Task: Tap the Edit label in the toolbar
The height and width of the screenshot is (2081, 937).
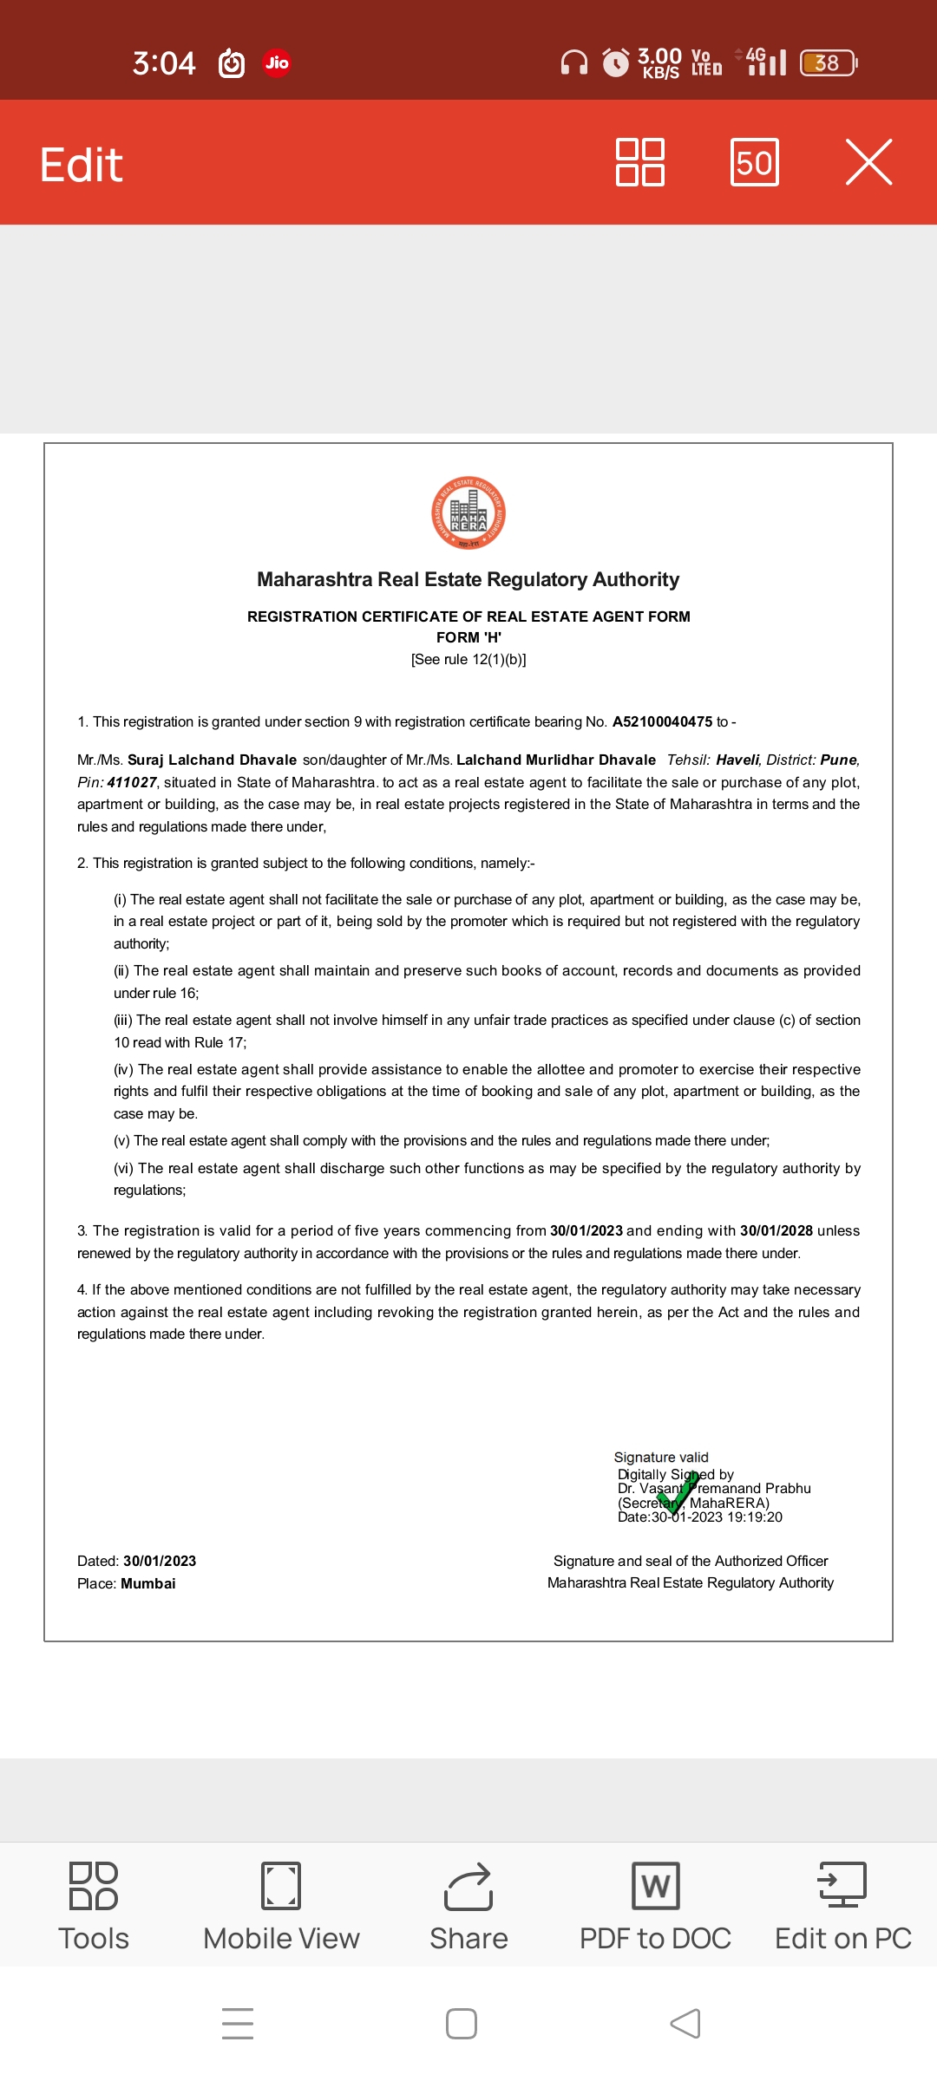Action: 82,164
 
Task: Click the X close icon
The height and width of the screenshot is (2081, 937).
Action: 868,162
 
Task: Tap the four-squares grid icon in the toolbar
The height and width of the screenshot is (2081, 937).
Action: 640,162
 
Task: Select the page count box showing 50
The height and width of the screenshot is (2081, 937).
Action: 754,162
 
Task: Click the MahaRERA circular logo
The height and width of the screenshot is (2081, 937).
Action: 468,513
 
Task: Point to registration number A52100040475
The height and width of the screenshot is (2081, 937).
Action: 662,721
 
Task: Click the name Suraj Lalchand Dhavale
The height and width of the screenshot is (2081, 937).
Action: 212,760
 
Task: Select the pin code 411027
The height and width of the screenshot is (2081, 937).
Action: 132,782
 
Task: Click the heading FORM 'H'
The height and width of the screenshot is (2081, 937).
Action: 468,637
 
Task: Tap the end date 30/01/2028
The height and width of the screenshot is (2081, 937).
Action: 776,1230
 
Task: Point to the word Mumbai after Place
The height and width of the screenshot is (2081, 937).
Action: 148,1583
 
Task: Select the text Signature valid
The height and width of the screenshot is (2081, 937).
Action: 661,1457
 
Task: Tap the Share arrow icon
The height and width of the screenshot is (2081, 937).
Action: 468,1887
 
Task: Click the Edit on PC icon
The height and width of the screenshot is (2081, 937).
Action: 842,1885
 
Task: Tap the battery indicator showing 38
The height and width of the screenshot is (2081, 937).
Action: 828,62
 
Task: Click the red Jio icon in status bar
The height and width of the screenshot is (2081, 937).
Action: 277,62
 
